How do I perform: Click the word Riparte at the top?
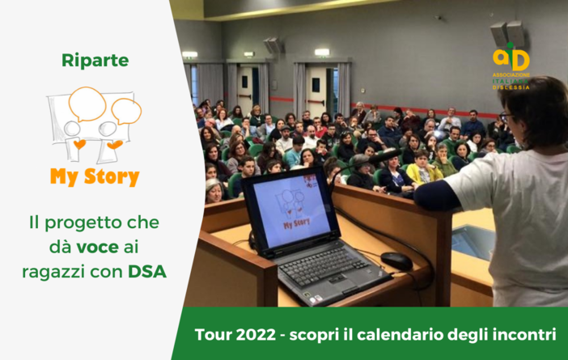pos(95,61)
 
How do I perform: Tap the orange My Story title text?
pos(95,176)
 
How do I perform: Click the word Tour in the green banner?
pos(211,334)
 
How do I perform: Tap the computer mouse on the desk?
pos(396,260)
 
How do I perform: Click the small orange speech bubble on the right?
pos(125,111)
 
